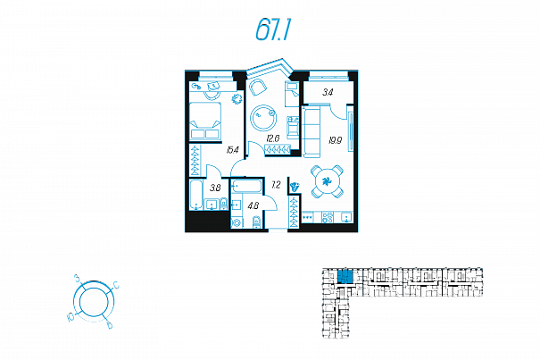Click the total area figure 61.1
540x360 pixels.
coord(274,32)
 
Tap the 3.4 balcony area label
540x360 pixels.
coord(328,91)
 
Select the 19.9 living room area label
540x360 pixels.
coord(334,139)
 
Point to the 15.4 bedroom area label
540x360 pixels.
coord(233,150)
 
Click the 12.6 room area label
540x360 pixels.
coord(273,138)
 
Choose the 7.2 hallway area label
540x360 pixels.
coord(276,184)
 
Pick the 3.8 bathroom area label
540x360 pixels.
coord(215,188)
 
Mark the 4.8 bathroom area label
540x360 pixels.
coord(253,206)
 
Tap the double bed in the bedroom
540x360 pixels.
coord(206,119)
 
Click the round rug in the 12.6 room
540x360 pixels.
coord(265,116)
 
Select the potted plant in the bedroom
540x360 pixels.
coord(237,99)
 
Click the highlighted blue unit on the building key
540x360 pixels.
coord(345,276)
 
